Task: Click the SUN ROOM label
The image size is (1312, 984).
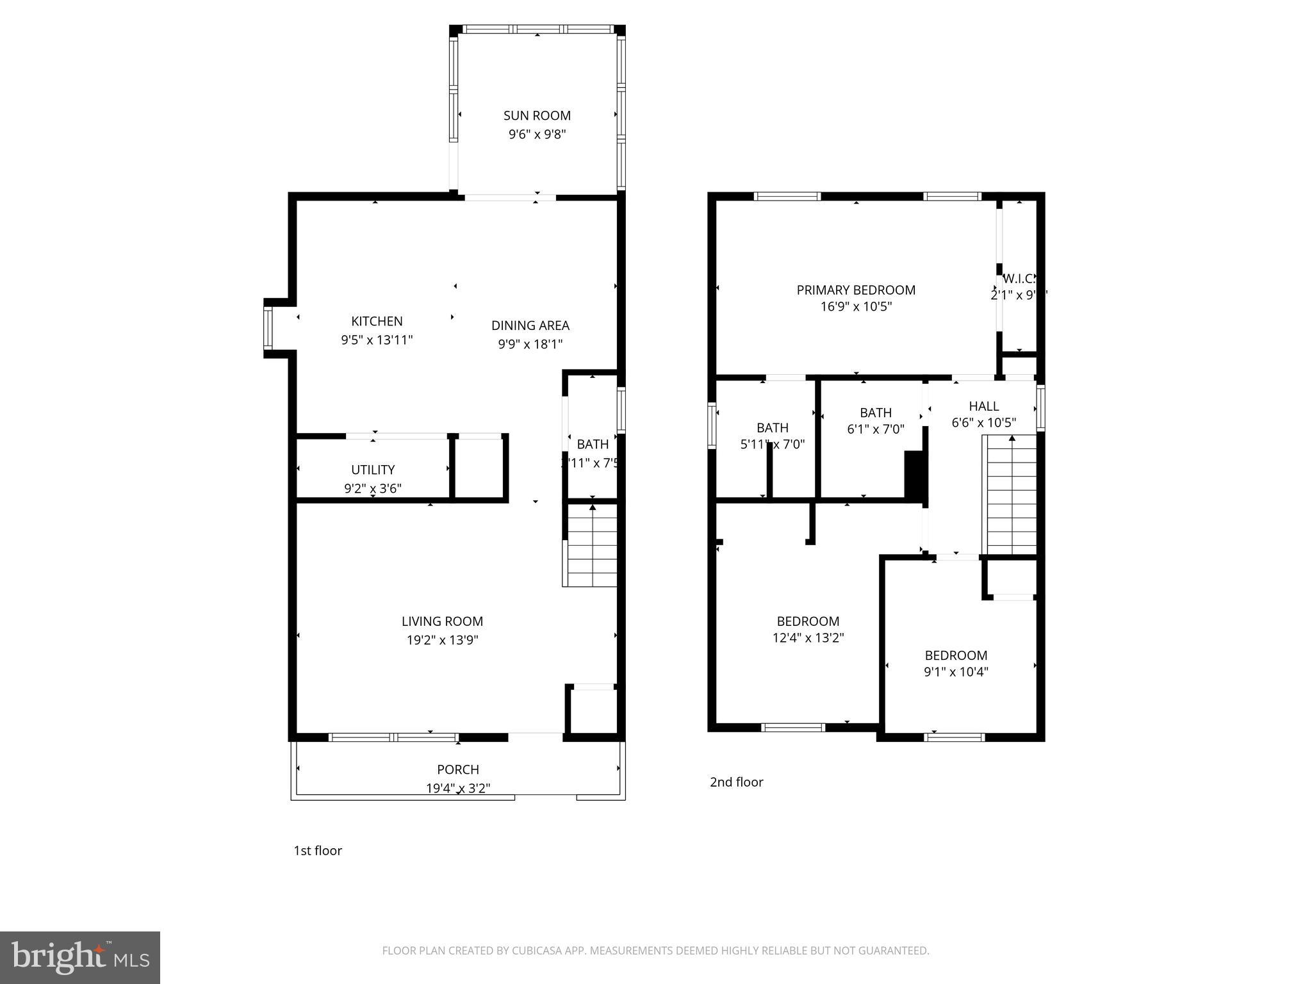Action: [x=537, y=115]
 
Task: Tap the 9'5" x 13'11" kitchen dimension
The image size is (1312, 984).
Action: [x=377, y=340]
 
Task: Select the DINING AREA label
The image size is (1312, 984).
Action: [x=530, y=325]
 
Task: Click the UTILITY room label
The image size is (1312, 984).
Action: [x=373, y=470]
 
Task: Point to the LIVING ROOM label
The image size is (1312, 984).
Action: [x=442, y=621]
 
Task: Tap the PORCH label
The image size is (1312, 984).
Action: [x=458, y=769]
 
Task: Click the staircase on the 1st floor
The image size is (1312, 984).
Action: [x=592, y=546]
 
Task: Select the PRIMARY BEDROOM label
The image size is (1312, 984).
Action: [x=856, y=290]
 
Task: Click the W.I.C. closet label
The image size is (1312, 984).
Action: [x=1018, y=279]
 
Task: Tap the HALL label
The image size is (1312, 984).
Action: [x=983, y=406]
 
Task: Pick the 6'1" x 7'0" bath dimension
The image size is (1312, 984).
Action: [x=876, y=429]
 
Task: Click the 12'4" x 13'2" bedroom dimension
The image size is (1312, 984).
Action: [x=808, y=638]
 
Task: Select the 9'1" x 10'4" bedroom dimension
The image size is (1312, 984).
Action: [x=956, y=672]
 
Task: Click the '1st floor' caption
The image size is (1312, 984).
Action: [x=318, y=851]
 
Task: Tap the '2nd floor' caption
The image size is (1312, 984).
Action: [x=736, y=782]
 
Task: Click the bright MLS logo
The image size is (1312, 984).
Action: [x=80, y=957]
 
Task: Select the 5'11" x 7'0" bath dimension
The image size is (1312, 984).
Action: [x=772, y=444]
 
